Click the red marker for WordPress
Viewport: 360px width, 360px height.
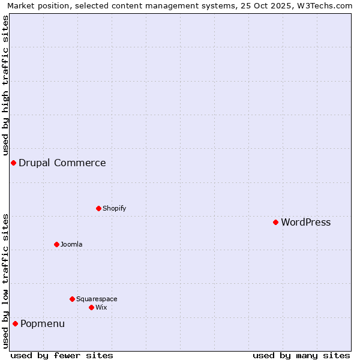pyautogui.click(x=275, y=222)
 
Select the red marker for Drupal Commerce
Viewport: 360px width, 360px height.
pyautogui.click(x=13, y=163)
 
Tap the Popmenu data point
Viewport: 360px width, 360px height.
pyautogui.click(x=15, y=323)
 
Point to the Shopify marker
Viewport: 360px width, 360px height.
pyautogui.click(x=98, y=208)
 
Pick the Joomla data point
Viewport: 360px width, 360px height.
pyautogui.click(x=56, y=244)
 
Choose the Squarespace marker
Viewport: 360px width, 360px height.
pyautogui.click(x=72, y=299)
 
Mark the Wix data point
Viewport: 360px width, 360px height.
pyautogui.click(x=91, y=307)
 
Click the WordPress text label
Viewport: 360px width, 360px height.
pyautogui.click(x=305, y=222)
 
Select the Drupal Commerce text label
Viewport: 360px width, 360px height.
pyautogui.click(x=62, y=163)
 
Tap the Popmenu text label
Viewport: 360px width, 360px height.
pyautogui.click(x=43, y=323)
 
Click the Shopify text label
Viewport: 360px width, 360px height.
pyautogui.click(x=114, y=208)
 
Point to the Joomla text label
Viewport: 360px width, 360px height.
pyautogui.click(x=71, y=244)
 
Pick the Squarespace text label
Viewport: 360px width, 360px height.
pyautogui.click(x=97, y=299)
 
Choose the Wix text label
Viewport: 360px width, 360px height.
pyautogui.click(x=101, y=307)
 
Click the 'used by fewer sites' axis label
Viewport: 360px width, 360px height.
pyautogui.click(x=62, y=355)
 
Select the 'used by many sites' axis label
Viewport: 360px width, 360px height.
pyautogui.click(x=301, y=355)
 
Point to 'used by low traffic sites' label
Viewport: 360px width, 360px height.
pyautogui.click(x=5, y=280)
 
